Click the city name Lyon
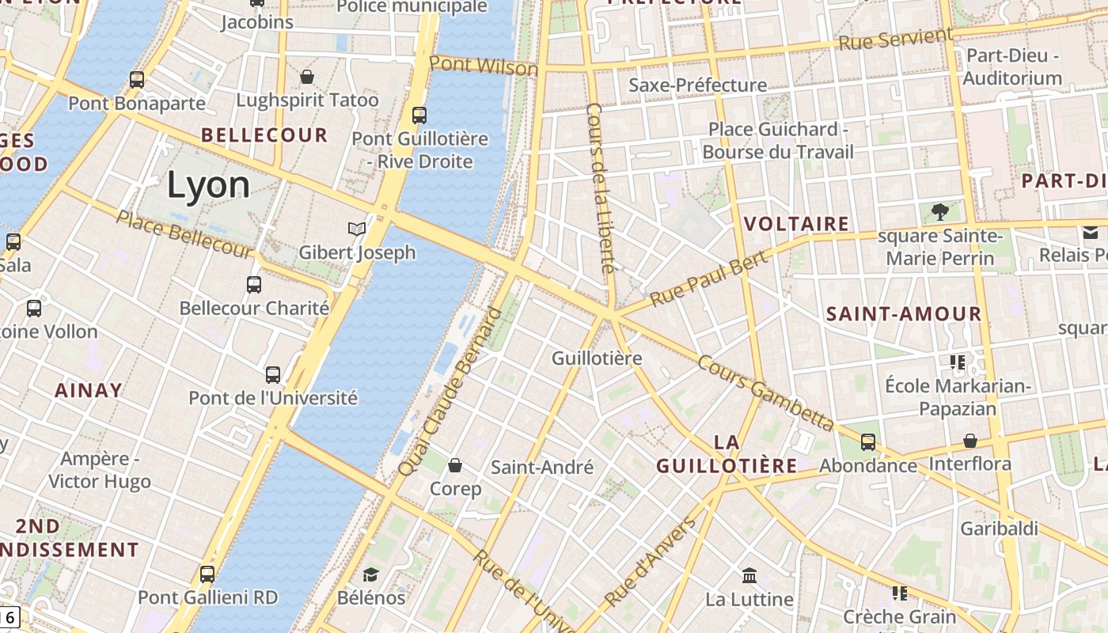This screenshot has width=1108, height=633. [x=208, y=184]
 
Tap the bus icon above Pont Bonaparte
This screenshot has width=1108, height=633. [x=137, y=80]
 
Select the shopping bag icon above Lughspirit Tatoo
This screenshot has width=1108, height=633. [x=307, y=77]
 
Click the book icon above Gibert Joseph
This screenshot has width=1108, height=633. [x=357, y=229]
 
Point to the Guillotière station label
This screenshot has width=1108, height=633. [x=597, y=358]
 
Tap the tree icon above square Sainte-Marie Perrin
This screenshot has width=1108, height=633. [x=940, y=211]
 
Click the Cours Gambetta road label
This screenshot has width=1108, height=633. [x=765, y=392]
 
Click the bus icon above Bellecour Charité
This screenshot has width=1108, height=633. [x=254, y=285]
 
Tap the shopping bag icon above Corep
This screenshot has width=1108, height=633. [x=455, y=465]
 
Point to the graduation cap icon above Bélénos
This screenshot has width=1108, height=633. [x=371, y=574]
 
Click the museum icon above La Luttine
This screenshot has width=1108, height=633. [x=749, y=575]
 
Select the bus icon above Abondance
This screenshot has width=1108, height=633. [x=868, y=442]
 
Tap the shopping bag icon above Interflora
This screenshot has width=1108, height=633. [x=970, y=441]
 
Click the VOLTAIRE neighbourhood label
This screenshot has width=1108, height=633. [x=797, y=224]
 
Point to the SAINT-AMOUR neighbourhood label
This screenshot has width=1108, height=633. [x=904, y=314]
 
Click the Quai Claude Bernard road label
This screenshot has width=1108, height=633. [x=450, y=392]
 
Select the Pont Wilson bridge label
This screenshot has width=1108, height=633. [x=484, y=66]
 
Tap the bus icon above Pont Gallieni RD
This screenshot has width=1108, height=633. [x=207, y=574]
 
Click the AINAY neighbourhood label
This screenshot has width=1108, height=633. [x=89, y=390]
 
